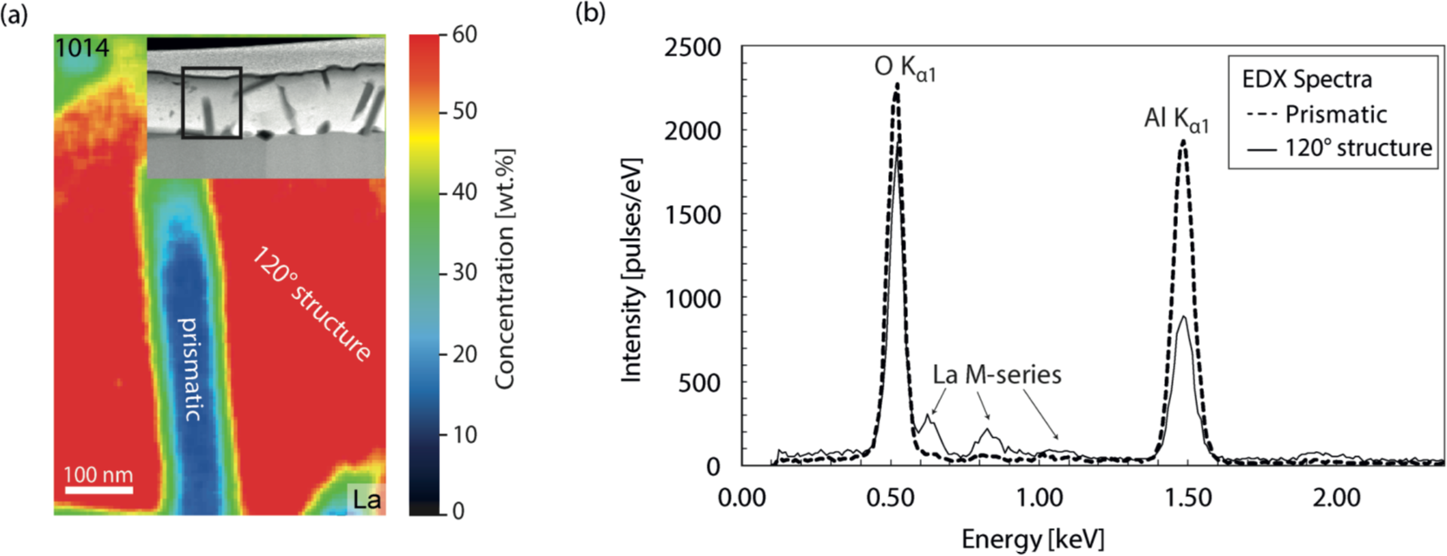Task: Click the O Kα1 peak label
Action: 904,69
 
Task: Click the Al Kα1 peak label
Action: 1175,119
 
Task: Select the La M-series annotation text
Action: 996,374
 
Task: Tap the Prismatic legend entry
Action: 1335,114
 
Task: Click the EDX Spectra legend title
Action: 1306,80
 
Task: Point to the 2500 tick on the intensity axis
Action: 693,48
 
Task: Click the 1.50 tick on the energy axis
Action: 1187,498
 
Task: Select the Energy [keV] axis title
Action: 1032,539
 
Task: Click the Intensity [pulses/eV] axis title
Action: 631,269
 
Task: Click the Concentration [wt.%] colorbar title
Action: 505,269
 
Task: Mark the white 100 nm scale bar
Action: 98,490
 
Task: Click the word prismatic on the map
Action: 189,369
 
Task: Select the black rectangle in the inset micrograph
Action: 211,103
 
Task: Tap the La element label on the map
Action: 365,500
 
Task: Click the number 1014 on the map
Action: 82,48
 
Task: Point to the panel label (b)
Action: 589,13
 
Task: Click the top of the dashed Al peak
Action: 1182,142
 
